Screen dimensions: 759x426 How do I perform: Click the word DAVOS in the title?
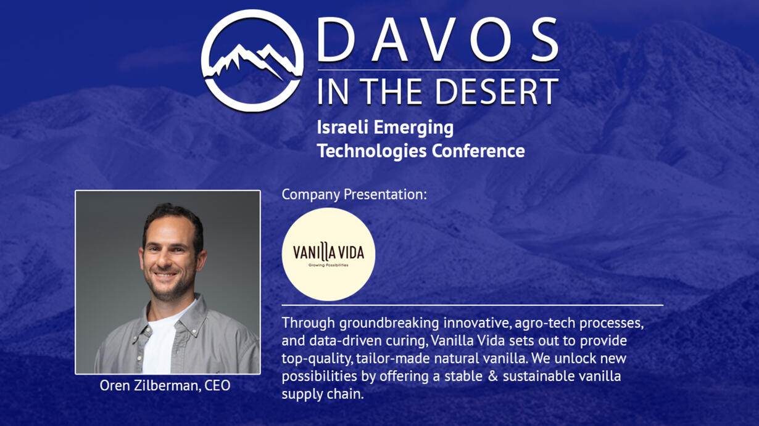438,40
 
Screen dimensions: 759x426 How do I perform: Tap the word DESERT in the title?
497,91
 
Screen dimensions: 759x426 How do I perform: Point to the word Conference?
478,151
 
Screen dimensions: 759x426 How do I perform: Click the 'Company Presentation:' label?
354,195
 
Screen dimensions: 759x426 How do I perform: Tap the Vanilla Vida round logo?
328,255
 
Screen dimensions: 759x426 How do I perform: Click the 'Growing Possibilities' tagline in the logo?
328,265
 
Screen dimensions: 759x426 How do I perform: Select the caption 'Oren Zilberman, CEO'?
165,386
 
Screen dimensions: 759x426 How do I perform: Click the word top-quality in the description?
317,359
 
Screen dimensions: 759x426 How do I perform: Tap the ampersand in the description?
492,376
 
